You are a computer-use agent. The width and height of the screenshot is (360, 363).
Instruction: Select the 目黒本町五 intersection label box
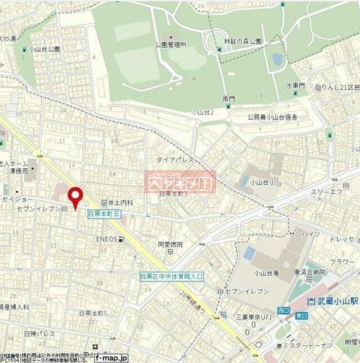[x=104, y=214]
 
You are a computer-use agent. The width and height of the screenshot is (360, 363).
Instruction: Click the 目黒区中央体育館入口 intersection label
[x=172, y=276]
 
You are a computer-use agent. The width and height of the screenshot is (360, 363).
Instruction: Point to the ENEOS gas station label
[x=107, y=239]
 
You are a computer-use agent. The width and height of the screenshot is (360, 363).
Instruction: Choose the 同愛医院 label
[x=171, y=244]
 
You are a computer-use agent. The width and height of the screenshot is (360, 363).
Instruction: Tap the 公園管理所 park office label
[x=171, y=45]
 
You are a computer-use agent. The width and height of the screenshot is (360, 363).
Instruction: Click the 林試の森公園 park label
[x=245, y=41]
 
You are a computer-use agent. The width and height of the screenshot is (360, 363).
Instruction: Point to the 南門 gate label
[x=228, y=98]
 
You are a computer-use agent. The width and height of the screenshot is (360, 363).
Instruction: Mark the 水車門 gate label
[x=295, y=86]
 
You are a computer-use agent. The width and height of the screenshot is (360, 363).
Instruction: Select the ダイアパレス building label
[x=175, y=160]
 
